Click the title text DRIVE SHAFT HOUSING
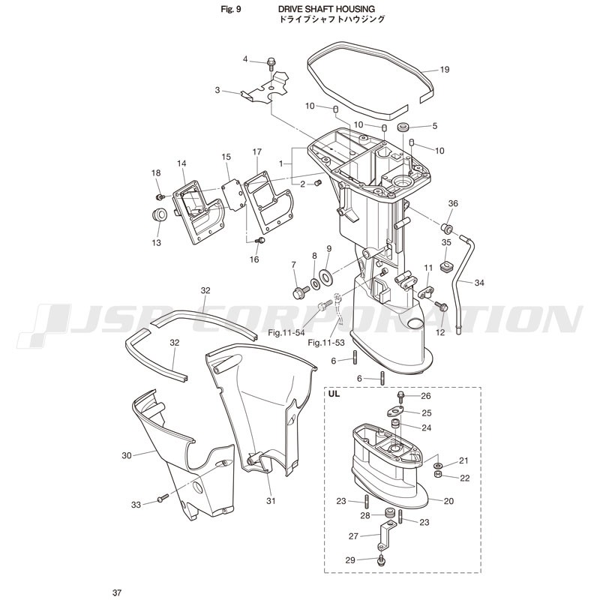[x=326, y=9]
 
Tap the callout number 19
[x=444, y=70]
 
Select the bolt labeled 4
[x=271, y=64]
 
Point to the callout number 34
[x=479, y=283]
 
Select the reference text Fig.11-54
[x=286, y=333]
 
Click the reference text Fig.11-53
[x=326, y=343]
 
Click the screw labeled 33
[x=162, y=498]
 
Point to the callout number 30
[x=126, y=455]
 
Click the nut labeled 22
[x=439, y=475]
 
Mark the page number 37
[x=117, y=592]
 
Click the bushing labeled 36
[x=447, y=228]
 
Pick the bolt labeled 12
[x=442, y=307]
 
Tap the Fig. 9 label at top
[x=231, y=9]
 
